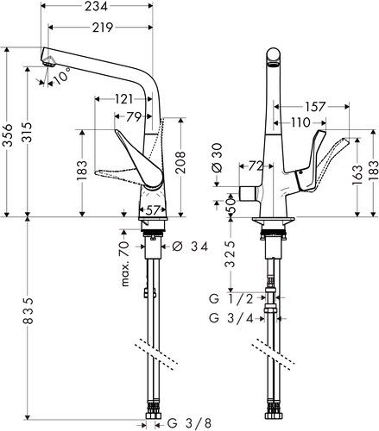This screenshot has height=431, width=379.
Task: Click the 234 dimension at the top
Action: [x=96, y=6]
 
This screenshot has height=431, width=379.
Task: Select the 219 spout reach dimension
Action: [x=103, y=28]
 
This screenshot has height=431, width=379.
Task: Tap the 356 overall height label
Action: [x=8, y=135]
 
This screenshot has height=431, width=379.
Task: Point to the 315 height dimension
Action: [x=28, y=132]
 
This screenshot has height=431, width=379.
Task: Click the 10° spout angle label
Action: [x=62, y=75]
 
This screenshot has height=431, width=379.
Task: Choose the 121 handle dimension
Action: [x=124, y=99]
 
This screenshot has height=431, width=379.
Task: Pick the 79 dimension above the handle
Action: [x=134, y=117]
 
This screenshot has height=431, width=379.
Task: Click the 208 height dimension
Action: [x=180, y=162]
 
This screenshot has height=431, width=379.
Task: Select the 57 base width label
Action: [x=153, y=210]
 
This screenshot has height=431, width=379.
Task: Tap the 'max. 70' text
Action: [x=125, y=264]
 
